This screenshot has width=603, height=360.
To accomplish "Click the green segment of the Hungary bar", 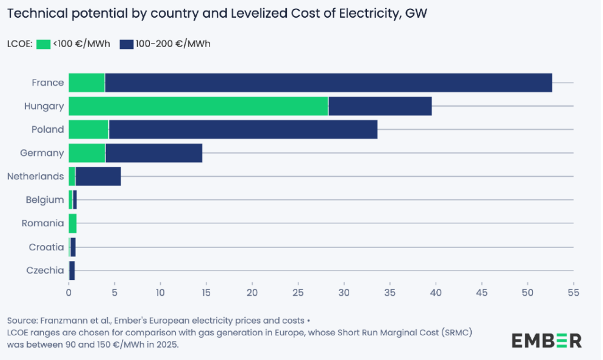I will point(198,106).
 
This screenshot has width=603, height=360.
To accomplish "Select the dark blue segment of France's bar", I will point(328,82).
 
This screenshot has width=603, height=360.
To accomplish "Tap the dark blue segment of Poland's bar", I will point(243,130).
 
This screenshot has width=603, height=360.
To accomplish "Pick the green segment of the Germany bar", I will point(87,153).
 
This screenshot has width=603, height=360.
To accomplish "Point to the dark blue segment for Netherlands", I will point(98,176).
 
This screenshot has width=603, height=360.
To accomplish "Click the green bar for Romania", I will point(72,223).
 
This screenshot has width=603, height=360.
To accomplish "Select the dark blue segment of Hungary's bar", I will point(380,106).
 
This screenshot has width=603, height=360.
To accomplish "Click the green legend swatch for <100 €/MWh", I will point(44,44).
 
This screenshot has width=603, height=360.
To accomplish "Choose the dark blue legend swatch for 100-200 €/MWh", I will point(127,44).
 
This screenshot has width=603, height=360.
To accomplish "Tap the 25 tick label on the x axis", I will point(298,292).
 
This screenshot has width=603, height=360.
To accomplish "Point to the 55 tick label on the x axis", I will point(573,292).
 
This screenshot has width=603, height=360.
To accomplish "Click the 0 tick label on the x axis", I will point(69,292).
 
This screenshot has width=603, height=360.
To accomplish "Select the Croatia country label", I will point(46,247).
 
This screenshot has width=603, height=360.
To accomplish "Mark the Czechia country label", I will point(45,270).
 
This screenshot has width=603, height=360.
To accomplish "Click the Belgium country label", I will point(45,200).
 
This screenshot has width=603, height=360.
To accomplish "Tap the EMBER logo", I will point(546,340).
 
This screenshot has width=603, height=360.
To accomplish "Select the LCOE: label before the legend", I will point(19,44).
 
